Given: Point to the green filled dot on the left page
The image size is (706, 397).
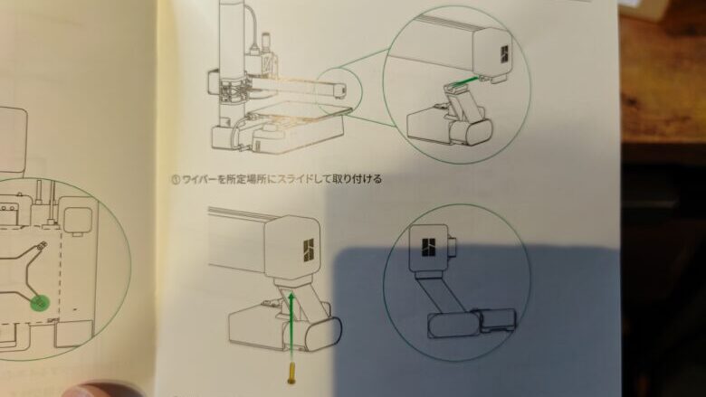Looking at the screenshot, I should point(39,303).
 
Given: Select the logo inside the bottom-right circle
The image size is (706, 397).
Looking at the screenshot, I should point(430,245).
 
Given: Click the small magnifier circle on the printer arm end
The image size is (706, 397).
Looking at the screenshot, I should point(339,91).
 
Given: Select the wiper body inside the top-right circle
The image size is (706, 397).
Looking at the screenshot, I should point(444,122).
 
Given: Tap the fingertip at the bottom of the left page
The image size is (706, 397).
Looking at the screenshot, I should point(104,390).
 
